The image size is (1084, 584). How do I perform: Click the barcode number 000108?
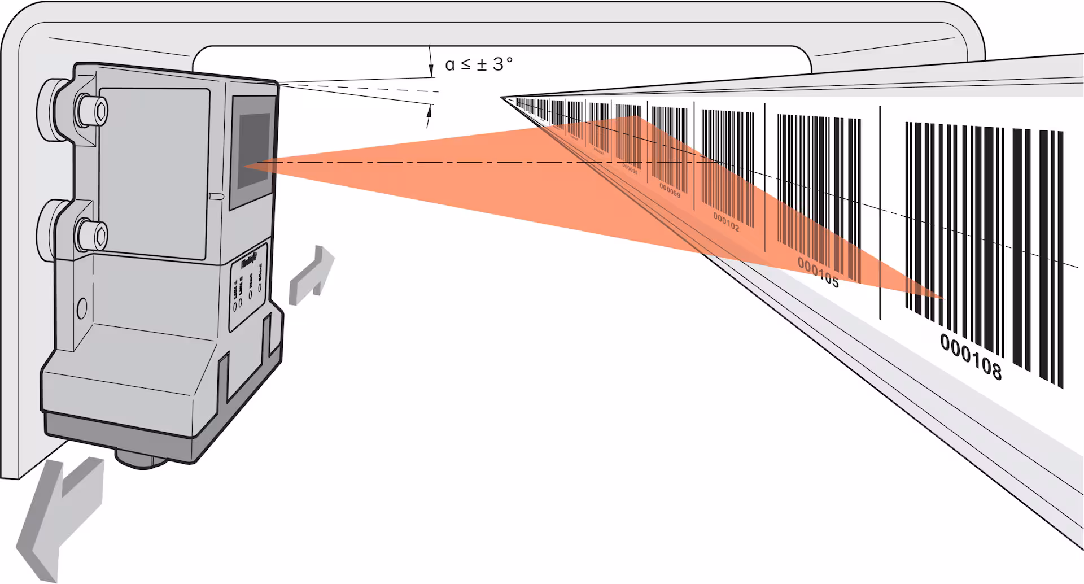pyautogui.click(x=971, y=356)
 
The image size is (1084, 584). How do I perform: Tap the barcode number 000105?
pyautogui.click(x=818, y=272)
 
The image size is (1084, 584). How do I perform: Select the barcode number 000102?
pyautogui.click(x=725, y=221)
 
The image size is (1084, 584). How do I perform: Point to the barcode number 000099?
pyautogui.click(x=670, y=190)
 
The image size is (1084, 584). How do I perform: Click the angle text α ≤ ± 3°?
pyautogui.click(x=479, y=64)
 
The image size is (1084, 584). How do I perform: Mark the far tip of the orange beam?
pyautogui.click(x=943, y=298)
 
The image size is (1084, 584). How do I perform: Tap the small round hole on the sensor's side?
pyautogui.click(x=81, y=308)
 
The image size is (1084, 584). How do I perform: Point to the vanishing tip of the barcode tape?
pyautogui.click(x=502, y=98)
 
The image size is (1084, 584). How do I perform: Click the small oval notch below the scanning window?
pyautogui.click(x=216, y=196)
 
